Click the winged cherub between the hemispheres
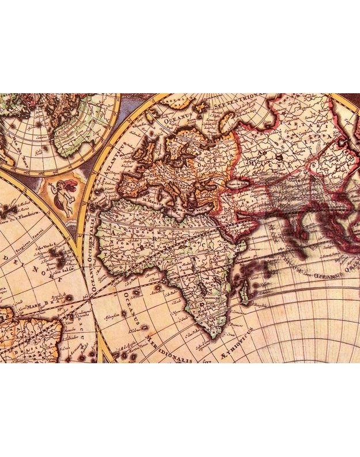click(x=65, y=196)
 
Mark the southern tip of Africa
click(x=213, y=334)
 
